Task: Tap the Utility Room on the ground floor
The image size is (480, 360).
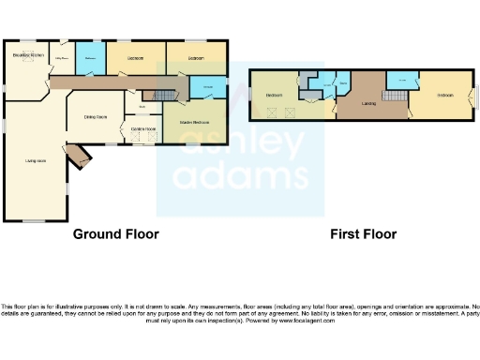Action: (x=63, y=58)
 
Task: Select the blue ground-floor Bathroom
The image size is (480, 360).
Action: (x=90, y=58)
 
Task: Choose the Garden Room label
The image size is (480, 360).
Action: (x=143, y=128)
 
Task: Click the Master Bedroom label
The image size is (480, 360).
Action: (x=194, y=123)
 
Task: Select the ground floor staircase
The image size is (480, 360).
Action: (x=164, y=96)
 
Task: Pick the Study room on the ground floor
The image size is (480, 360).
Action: (x=141, y=106)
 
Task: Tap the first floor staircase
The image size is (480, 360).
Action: (x=384, y=112)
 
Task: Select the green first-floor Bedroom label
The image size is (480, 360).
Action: (x=275, y=96)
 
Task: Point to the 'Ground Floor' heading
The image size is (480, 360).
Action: (x=115, y=234)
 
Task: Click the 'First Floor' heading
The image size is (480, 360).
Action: (x=362, y=234)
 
